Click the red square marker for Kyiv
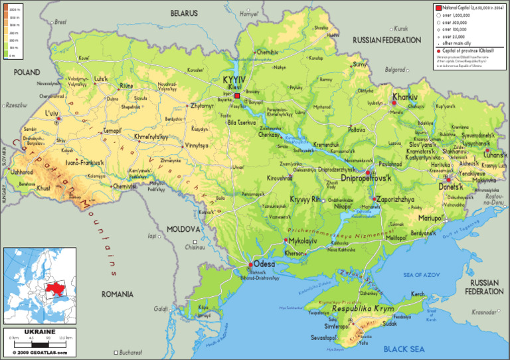click(237, 95)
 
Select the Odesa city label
click(264, 263)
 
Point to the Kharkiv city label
click(405, 97)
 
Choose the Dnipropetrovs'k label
click(367, 178)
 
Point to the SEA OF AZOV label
click(422, 274)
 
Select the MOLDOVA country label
click(183, 228)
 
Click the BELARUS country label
click(184, 13)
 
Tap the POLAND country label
click(27, 72)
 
